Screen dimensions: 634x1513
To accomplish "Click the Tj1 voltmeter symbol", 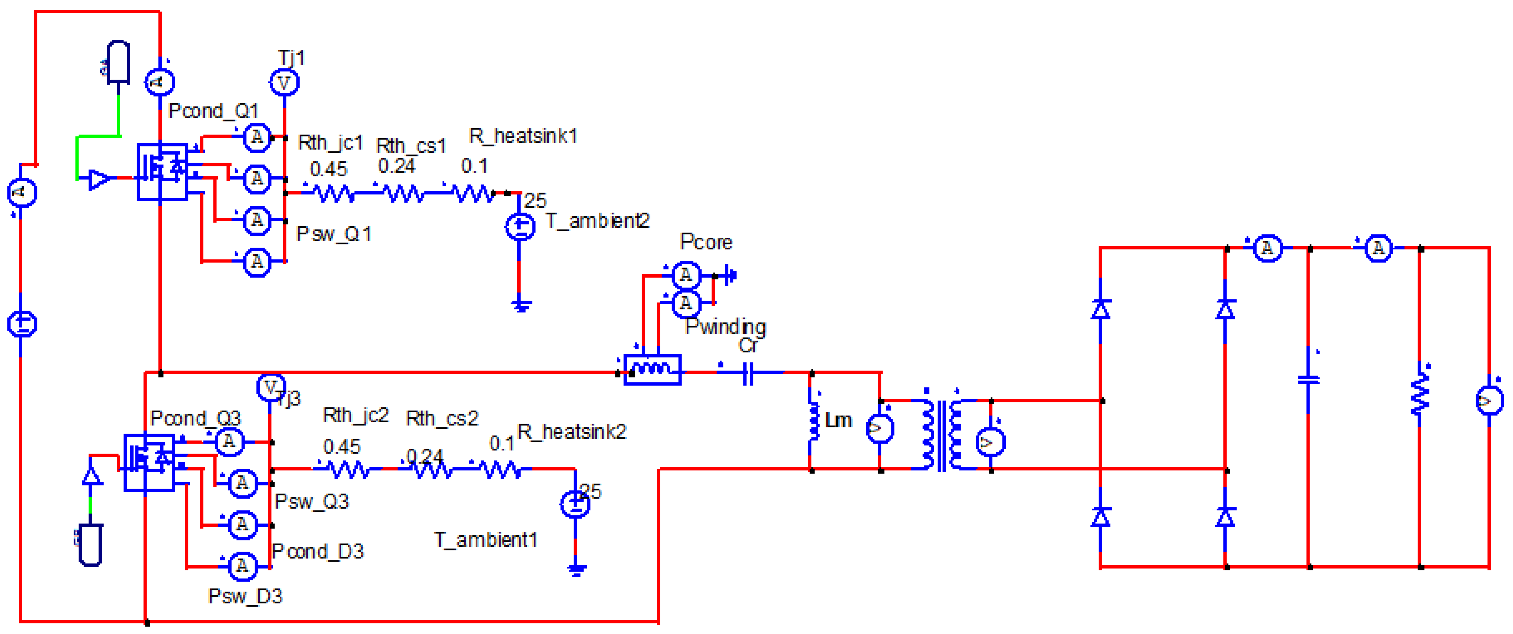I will [284, 83].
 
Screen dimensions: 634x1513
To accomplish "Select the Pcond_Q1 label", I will [213, 111].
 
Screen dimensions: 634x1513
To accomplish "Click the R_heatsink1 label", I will [523, 136].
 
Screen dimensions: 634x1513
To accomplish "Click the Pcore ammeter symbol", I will [685, 275].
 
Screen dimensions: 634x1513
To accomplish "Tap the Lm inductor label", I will [838, 420].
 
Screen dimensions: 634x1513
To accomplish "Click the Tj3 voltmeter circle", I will [270, 387].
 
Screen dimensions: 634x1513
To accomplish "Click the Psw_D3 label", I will [246, 596].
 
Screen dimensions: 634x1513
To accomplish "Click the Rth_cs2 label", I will [442, 418].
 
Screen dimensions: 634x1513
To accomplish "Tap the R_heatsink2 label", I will [571, 432].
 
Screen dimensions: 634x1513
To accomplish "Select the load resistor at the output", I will [1420, 392].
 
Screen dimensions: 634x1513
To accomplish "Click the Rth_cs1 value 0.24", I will [396, 167].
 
